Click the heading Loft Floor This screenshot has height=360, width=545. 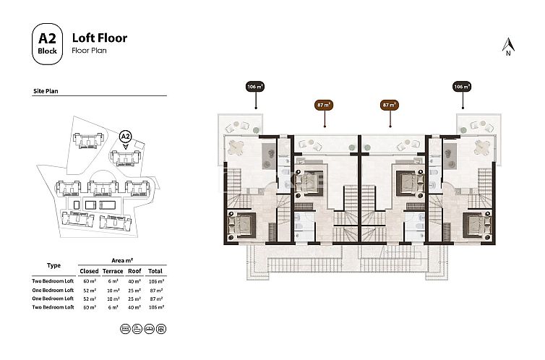click(100, 38)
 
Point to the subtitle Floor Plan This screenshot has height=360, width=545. click(89, 51)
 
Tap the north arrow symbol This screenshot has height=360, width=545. click(508, 46)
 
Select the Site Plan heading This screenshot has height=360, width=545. click(46, 91)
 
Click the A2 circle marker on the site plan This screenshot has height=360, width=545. click(125, 135)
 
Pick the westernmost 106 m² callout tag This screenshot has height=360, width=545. click(254, 87)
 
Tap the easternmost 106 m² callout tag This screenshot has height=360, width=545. click(462, 87)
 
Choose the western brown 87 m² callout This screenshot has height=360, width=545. click(324, 105)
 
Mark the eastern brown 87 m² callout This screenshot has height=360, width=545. click(390, 105)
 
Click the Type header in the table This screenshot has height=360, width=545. click(53, 265)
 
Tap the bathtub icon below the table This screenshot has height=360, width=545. click(137, 328)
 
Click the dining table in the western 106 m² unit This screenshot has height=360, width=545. click(237, 147)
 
